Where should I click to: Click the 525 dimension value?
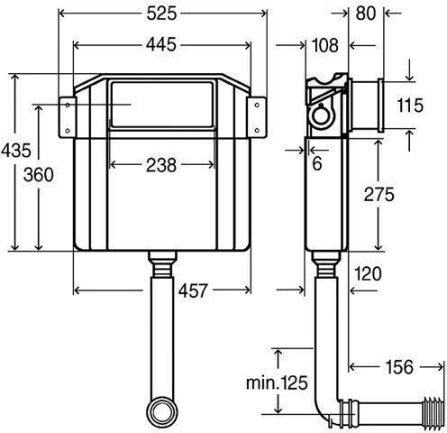tap(161, 14)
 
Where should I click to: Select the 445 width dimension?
tap(161, 45)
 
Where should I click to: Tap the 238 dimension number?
tap(161, 165)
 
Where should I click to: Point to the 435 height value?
tap(15, 150)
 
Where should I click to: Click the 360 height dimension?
tap(39, 175)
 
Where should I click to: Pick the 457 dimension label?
tap(193, 290)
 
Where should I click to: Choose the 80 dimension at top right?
tap(366, 14)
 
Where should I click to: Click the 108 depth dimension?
tap(325, 45)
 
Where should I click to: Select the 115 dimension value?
tap(410, 106)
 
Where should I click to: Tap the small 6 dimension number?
tap(317, 163)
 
